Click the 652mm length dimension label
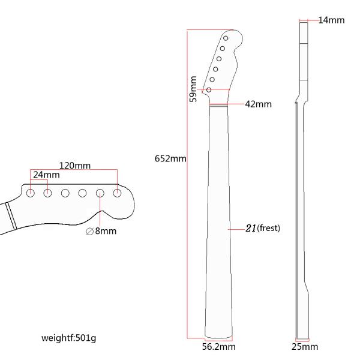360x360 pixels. pyautogui.click(x=170, y=158)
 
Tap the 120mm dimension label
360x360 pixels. pyautogui.click(x=75, y=166)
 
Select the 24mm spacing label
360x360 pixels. pyautogui.click(x=46, y=175)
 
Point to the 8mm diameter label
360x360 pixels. pyautogui.click(x=106, y=231)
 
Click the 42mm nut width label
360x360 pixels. pyautogui.click(x=258, y=104)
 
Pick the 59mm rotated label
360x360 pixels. pyautogui.click(x=193, y=89)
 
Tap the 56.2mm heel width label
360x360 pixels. pyautogui.click(x=219, y=347)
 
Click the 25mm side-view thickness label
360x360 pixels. pyautogui.click(x=305, y=347)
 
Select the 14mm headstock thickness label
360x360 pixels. pyautogui.click(x=331, y=20)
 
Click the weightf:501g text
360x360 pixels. pyautogui.click(x=68, y=338)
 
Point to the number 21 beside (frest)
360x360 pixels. pyautogui.click(x=251, y=228)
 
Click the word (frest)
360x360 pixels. pyautogui.click(x=268, y=228)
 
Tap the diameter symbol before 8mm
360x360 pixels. pyautogui.click(x=89, y=232)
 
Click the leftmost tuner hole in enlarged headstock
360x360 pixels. pyautogui.click(x=31, y=193)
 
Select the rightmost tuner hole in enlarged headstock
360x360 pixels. pyautogui.click(x=117, y=193)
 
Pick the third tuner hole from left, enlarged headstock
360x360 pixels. pyautogui.click(x=65, y=193)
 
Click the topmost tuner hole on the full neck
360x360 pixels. pyautogui.click(x=226, y=38)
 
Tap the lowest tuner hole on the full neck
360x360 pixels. pyautogui.click(x=209, y=90)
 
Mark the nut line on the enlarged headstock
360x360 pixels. pyautogui.click(x=11, y=216)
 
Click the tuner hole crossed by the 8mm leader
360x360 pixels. pyautogui.click(x=100, y=193)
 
